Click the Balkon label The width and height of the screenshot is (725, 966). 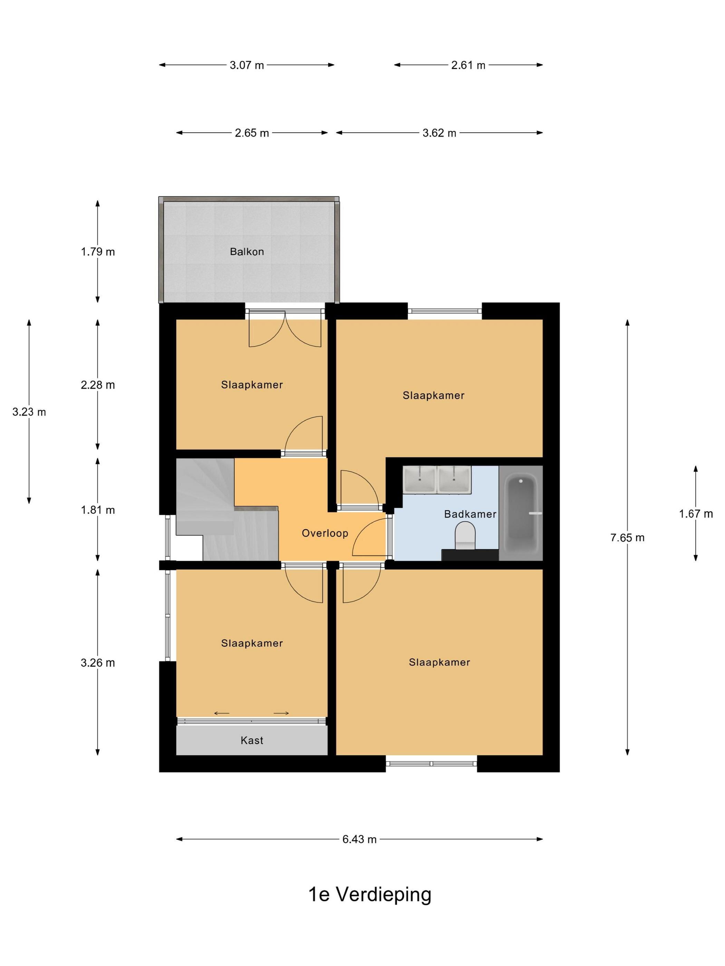pyautogui.click(x=247, y=252)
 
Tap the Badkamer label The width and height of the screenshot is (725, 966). pyautogui.click(x=470, y=514)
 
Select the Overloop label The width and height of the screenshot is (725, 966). pyautogui.click(x=325, y=533)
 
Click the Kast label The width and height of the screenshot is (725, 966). pyautogui.click(x=252, y=740)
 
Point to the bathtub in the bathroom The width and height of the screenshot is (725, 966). pyautogui.click(x=521, y=514)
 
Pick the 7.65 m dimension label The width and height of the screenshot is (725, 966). pyautogui.click(x=628, y=538)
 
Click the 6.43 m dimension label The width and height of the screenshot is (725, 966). pyautogui.click(x=360, y=839)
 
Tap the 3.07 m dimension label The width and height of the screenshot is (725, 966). pyautogui.click(x=247, y=66)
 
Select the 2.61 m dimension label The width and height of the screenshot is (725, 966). pyautogui.click(x=468, y=66)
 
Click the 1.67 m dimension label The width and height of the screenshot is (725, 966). pyautogui.click(x=696, y=514)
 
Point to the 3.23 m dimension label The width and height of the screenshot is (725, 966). pyautogui.click(x=29, y=412)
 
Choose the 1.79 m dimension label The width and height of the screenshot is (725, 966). pyautogui.click(x=98, y=252)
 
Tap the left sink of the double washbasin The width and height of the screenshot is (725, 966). pyautogui.click(x=419, y=480)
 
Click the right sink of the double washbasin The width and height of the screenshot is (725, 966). pyautogui.click(x=454, y=480)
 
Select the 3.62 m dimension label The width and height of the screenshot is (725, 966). pyautogui.click(x=439, y=133)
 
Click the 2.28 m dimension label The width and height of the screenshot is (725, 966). pyautogui.click(x=98, y=385)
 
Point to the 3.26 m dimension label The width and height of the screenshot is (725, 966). pyautogui.click(x=98, y=663)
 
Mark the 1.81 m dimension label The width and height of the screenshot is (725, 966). pyautogui.click(x=98, y=510)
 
